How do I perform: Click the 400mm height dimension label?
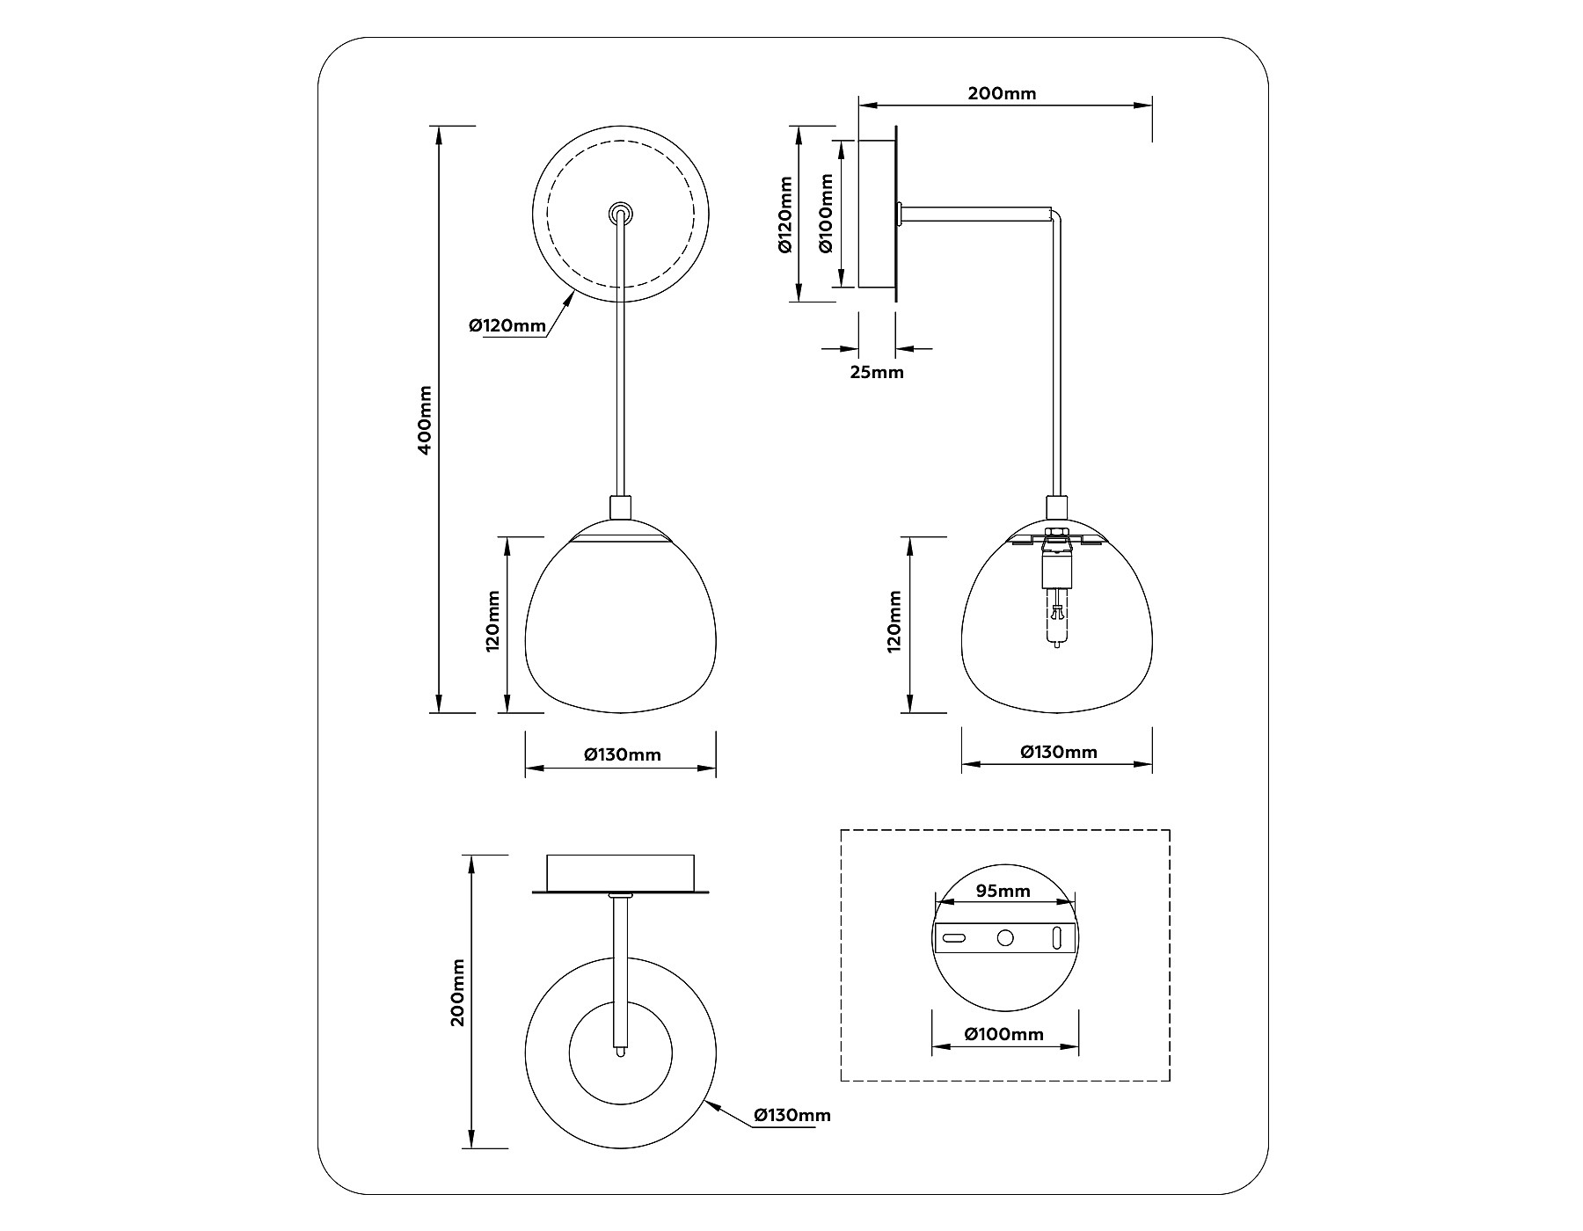pos(425,419)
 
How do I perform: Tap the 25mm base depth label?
pos(877,372)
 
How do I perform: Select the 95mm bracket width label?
pos(1003,892)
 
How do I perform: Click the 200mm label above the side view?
pos(1002,94)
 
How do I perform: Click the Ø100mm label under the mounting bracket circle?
pos(1004,1034)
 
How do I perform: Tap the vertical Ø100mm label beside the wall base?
pos(826,214)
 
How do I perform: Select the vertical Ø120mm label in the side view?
pos(785,214)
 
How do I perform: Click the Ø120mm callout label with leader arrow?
pos(507,326)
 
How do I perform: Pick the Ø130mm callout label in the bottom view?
pos(791,1115)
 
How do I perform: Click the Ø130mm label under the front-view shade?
pos(622,754)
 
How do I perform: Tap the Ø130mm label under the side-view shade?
pos(1059,752)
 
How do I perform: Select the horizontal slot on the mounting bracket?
pos(954,938)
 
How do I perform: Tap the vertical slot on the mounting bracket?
pos(1057,938)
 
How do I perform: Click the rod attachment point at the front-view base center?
pos(621,213)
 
